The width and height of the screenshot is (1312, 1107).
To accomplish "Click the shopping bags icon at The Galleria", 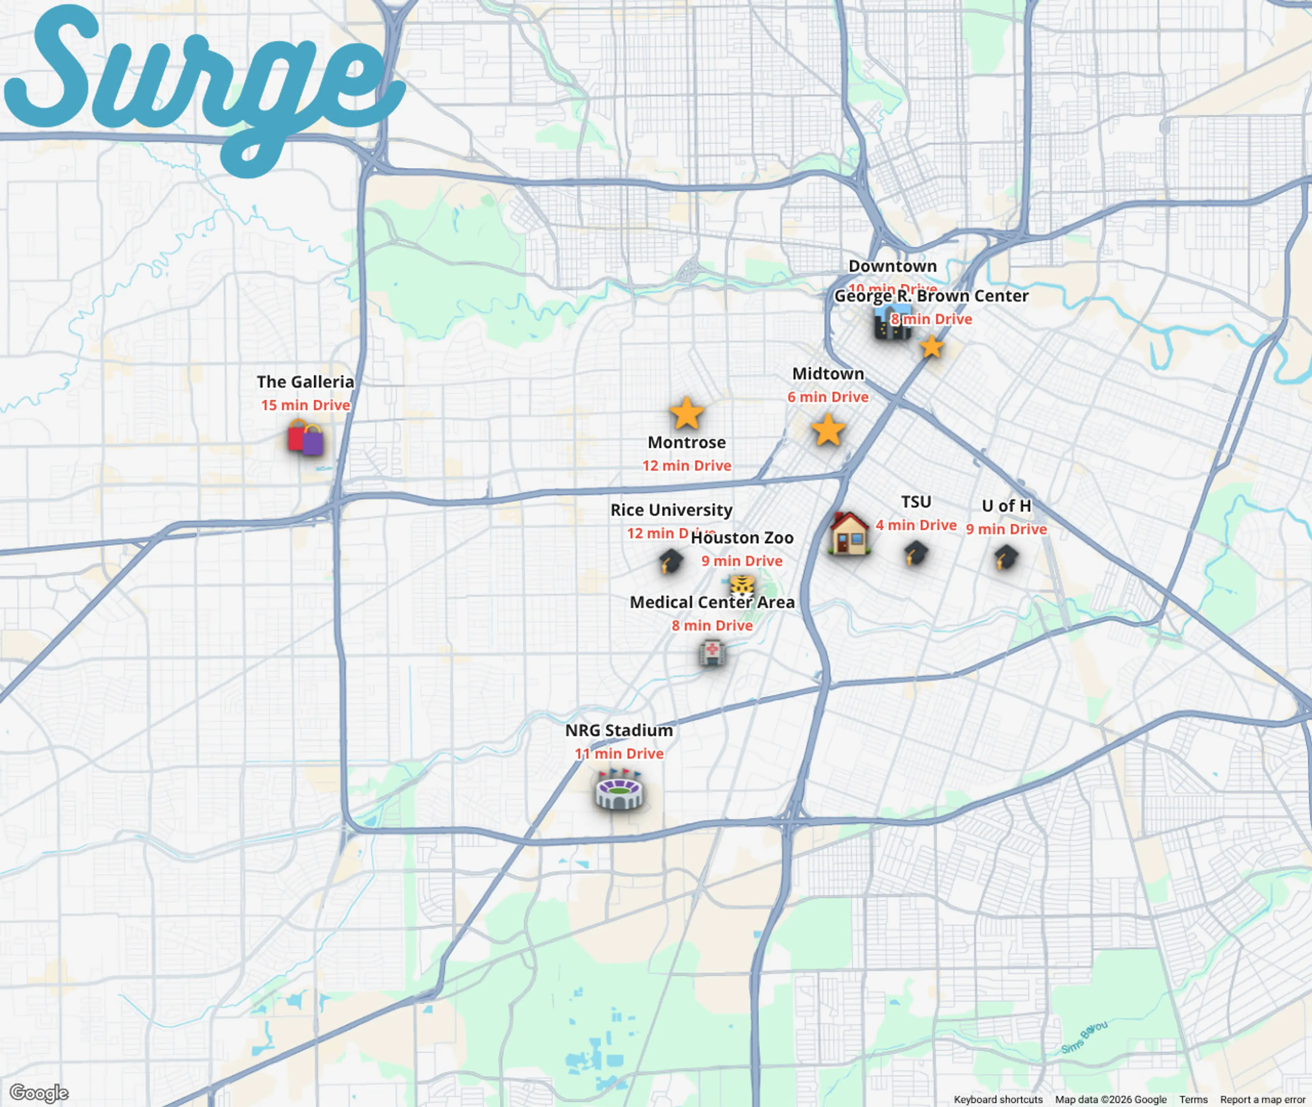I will click(x=305, y=437).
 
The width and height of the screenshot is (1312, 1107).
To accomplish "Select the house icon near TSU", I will click(x=849, y=533).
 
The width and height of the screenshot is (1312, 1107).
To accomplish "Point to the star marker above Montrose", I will click(x=686, y=413).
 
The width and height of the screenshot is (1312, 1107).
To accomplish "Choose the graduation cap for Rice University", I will click(x=671, y=561).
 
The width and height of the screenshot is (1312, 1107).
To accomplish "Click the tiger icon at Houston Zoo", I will click(x=742, y=586).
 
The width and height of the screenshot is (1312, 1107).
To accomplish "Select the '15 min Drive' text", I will click(x=305, y=406).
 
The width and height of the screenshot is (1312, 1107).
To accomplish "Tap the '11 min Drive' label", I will click(x=619, y=754).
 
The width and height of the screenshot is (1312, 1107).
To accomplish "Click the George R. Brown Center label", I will click(x=931, y=296).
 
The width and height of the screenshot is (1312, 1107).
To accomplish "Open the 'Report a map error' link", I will click(x=1262, y=1099).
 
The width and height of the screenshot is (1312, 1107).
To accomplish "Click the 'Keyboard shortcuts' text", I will click(x=998, y=1099).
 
